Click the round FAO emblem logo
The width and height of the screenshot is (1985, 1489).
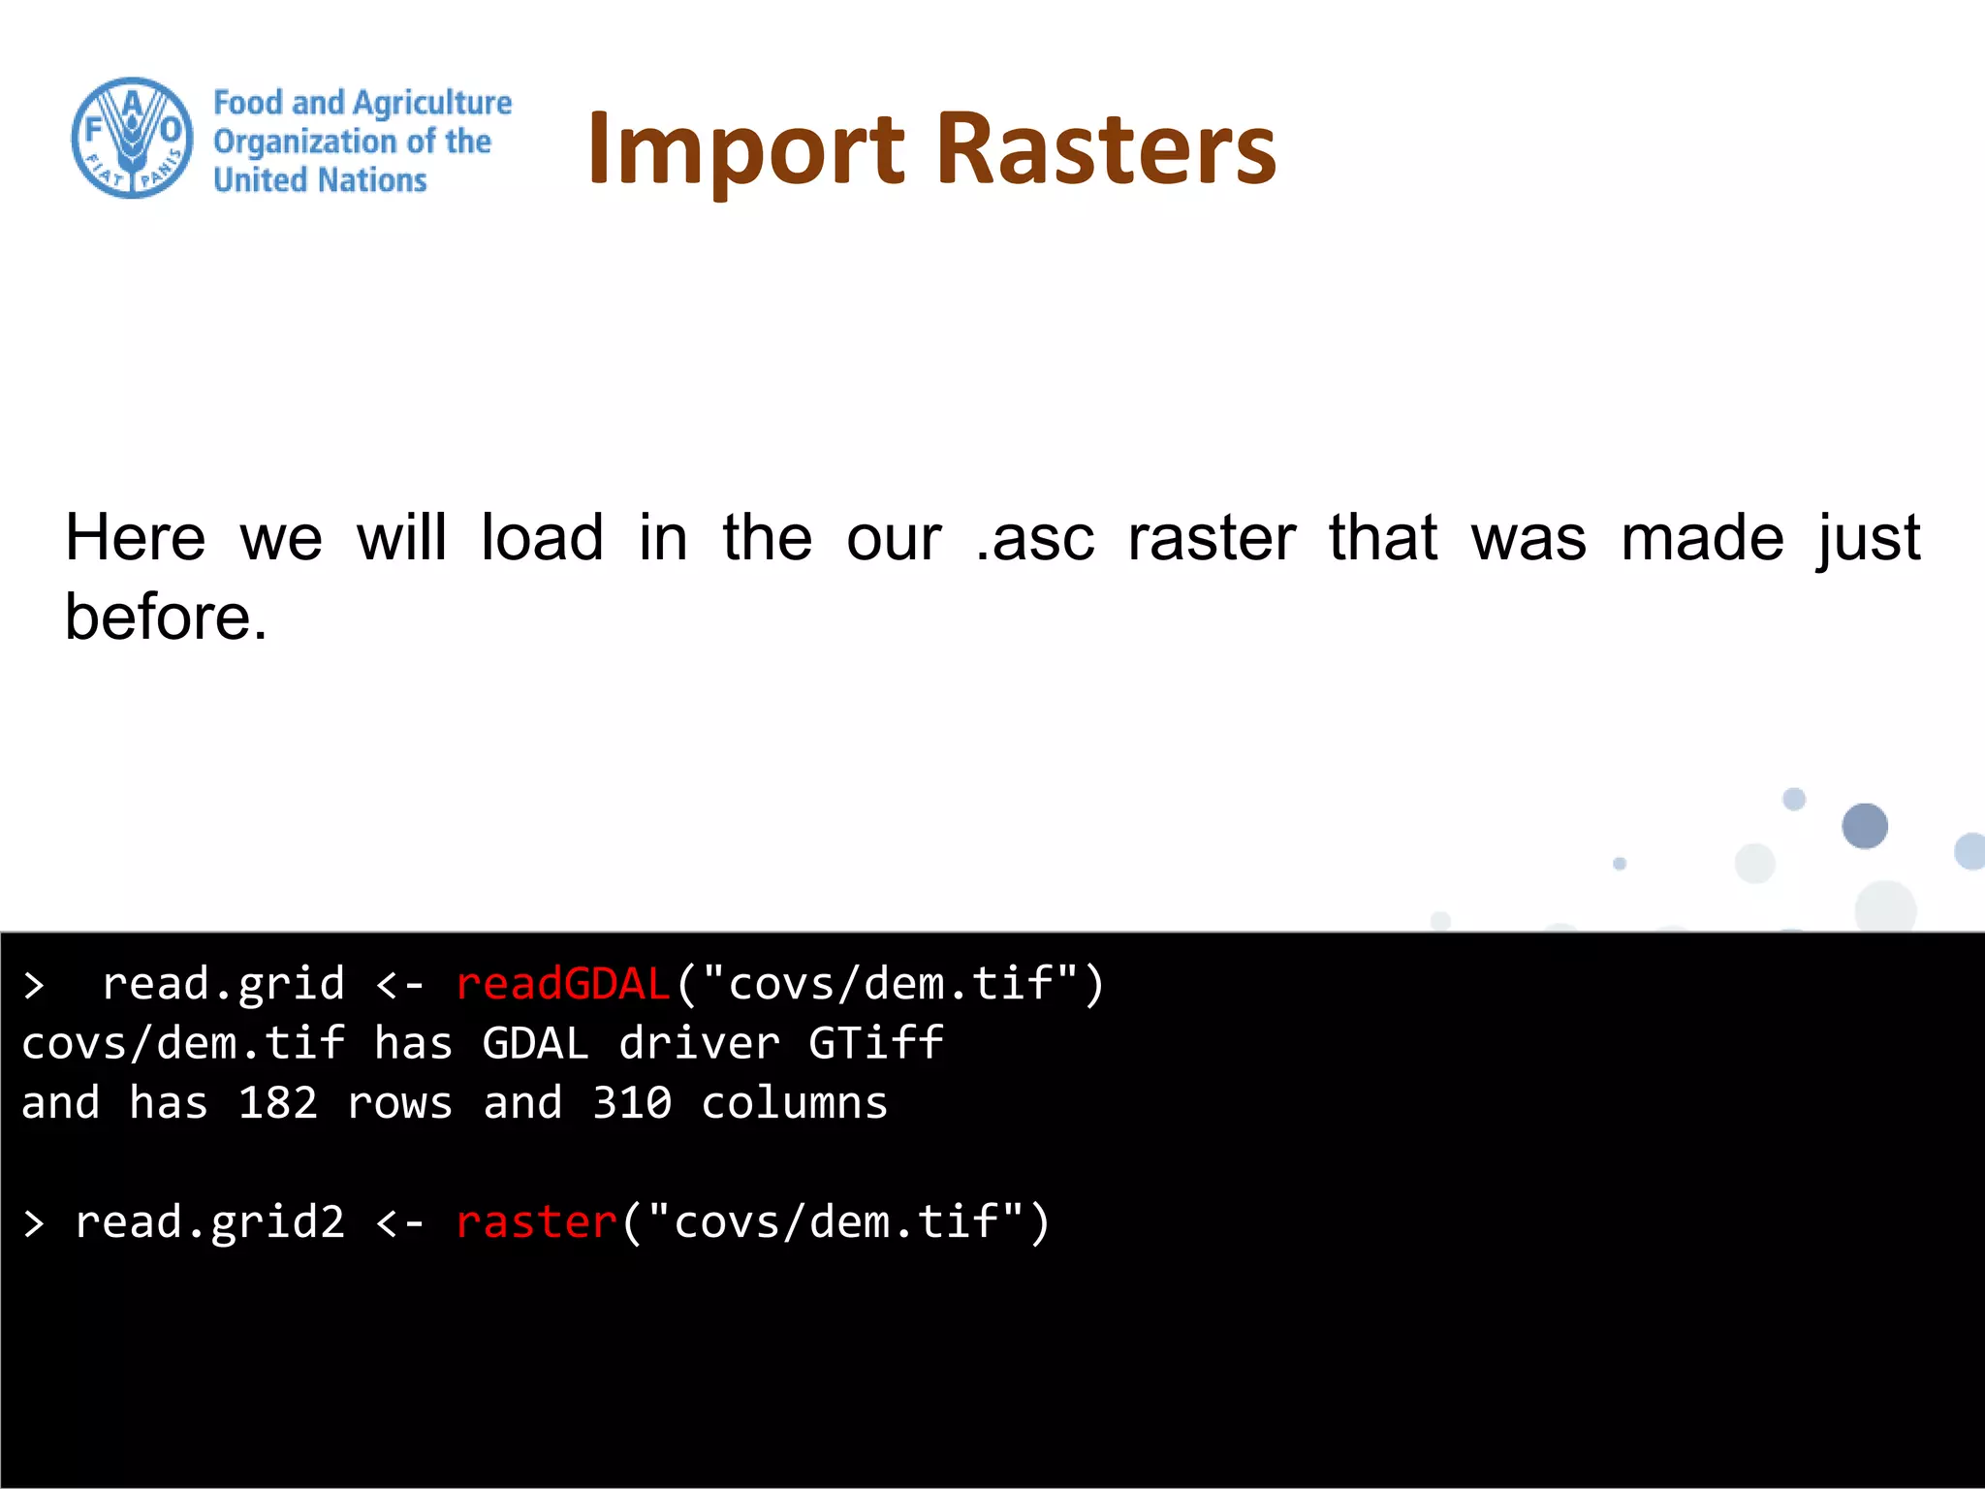(x=133, y=139)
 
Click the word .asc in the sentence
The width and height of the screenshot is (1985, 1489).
(x=1034, y=538)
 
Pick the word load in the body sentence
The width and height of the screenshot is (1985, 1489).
(x=542, y=538)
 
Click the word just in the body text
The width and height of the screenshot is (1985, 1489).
(x=1869, y=540)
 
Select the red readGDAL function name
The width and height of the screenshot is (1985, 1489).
(x=563, y=984)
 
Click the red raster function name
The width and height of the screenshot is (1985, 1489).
(x=536, y=1222)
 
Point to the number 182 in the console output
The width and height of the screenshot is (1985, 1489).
(x=278, y=1103)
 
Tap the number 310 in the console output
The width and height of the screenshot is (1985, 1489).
(x=632, y=1103)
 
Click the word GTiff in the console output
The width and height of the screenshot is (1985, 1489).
(x=876, y=1044)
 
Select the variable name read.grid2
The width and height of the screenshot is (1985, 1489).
(x=210, y=1222)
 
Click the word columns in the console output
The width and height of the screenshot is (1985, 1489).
(x=795, y=1103)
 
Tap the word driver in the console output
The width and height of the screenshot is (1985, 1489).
(x=700, y=1044)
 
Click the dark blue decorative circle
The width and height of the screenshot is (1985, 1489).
(x=1864, y=826)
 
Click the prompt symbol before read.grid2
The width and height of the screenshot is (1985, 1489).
(x=34, y=1223)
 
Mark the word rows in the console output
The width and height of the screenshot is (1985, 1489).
(x=399, y=1103)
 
